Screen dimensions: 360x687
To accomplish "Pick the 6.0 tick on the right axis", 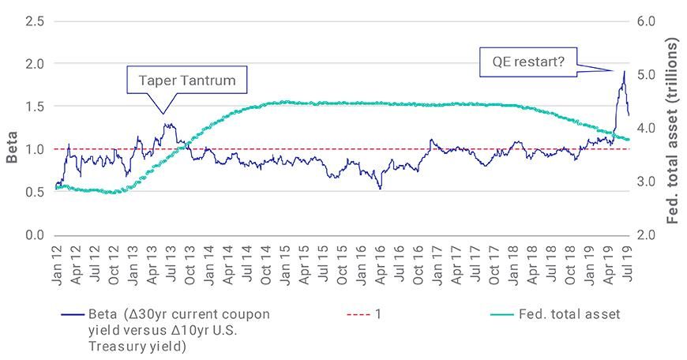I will click(646, 21).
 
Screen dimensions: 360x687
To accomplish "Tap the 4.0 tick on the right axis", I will click(646, 128).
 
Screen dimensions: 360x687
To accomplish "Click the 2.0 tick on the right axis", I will click(646, 235).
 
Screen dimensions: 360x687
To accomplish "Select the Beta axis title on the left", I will click(12, 148).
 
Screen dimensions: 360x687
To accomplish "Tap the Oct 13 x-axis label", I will click(190, 263).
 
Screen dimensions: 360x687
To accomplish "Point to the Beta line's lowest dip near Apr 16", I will click(381, 189).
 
